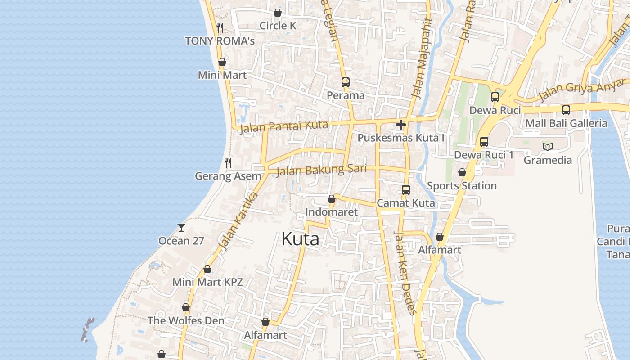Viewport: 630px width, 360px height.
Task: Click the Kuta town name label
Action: (300, 239)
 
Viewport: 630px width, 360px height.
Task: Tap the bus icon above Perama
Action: (346, 82)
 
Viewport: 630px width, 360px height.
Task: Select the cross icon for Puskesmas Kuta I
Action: (401, 125)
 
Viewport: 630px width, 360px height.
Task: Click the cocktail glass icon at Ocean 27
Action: (181, 228)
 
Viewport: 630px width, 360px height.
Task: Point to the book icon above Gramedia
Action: (548, 147)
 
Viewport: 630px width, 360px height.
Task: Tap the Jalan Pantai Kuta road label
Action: (284, 127)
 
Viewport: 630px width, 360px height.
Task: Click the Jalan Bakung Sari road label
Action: (321, 170)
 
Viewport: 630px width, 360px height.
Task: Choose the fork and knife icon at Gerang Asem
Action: (228, 163)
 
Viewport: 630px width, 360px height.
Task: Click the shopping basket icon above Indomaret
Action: (332, 199)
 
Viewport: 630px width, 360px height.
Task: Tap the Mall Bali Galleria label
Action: (566, 123)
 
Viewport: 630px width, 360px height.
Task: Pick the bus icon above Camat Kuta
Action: (406, 190)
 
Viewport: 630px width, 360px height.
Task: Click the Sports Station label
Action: (462, 186)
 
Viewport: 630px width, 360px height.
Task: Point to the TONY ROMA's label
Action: (220, 41)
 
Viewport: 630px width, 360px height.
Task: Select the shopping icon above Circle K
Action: (278, 13)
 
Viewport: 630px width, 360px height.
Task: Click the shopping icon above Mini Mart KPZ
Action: (207, 270)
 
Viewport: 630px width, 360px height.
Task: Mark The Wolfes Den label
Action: (186, 321)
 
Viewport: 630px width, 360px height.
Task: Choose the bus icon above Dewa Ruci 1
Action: (484, 142)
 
